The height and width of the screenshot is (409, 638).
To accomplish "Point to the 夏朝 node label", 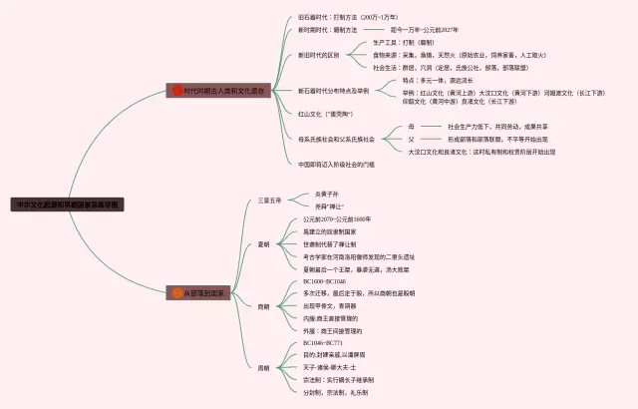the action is pyautogui.click(x=264, y=242).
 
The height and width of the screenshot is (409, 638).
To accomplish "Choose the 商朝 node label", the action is pyautogui.click(x=264, y=306).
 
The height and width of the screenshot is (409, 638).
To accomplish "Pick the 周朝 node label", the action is pyautogui.click(x=264, y=368).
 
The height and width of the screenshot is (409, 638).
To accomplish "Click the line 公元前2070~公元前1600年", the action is pyautogui.click(x=337, y=218).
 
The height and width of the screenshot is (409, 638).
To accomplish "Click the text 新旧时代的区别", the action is pyautogui.click(x=318, y=55).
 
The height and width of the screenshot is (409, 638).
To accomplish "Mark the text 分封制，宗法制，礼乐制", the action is pyautogui.click(x=334, y=392).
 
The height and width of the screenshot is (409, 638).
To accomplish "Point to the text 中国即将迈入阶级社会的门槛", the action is pyautogui.click(x=336, y=164).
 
